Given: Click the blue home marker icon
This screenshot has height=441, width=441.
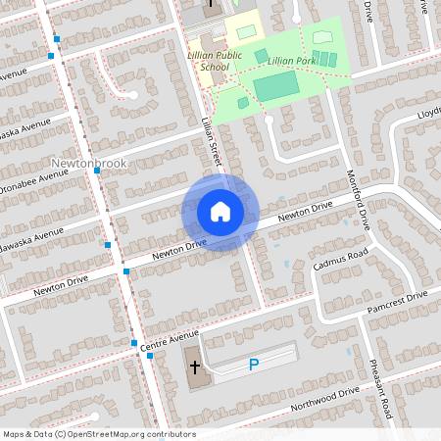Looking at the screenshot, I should (220, 212).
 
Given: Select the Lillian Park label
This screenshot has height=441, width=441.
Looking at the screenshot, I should (292, 61).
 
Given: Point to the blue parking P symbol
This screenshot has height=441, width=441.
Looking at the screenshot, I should (253, 366).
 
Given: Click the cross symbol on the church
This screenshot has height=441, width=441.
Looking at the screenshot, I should (195, 367).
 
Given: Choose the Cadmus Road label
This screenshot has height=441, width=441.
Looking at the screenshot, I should (339, 259).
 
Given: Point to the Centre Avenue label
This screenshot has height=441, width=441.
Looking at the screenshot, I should (169, 342).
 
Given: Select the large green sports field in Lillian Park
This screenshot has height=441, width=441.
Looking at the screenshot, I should (275, 89).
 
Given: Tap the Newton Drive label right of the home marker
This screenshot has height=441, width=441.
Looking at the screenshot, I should (305, 212).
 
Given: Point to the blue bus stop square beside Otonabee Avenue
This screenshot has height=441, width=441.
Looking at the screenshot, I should (97, 171).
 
